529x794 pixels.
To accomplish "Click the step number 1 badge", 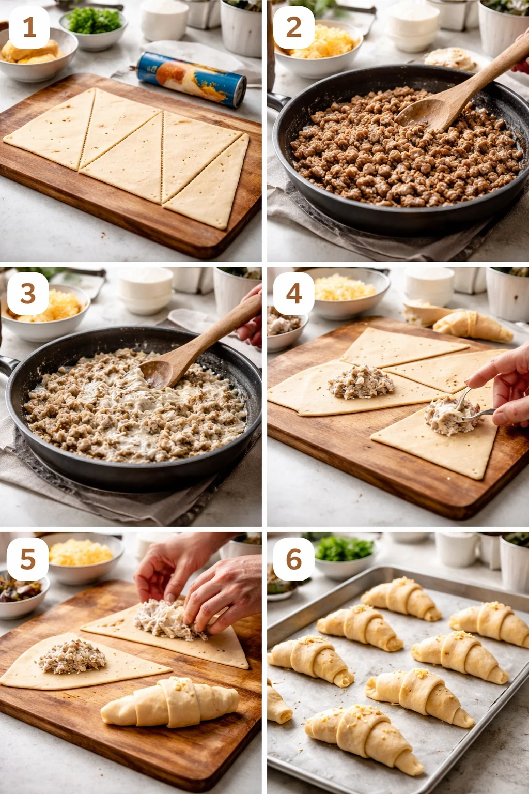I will [29, 28].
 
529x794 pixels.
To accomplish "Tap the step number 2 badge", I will [293, 28].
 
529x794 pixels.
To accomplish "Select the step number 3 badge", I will [28, 294].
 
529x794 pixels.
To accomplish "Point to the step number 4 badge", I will [293, 294].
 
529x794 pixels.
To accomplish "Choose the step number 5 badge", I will [28, 559].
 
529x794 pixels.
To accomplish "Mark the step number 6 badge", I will [293, 559].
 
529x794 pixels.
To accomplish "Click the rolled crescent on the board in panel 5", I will [170, 703].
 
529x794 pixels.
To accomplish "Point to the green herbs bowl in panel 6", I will [344, 556].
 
